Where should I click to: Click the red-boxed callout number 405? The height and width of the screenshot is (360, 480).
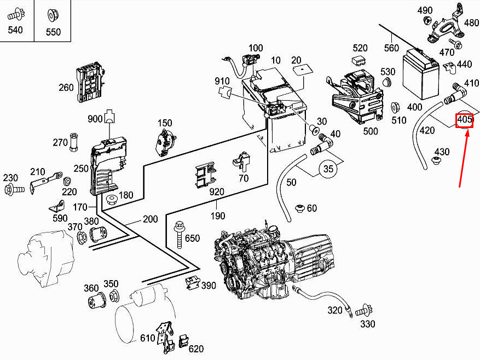(464, 119)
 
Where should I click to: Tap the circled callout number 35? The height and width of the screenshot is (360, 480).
(328, 169)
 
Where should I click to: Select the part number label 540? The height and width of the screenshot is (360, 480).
(15, 30)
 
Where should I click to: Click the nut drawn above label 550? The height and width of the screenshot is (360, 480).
(53, 14)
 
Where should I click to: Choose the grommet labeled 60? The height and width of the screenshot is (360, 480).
(299, 208)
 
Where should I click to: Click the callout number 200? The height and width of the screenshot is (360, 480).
(150, 219)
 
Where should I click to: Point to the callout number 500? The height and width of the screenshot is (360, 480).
(371, 131)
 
